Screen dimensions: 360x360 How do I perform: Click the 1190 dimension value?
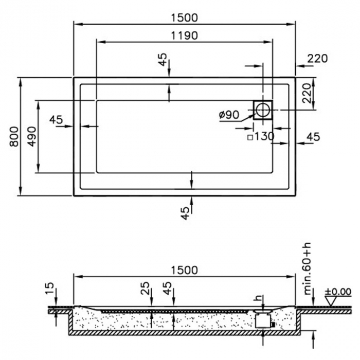click(x=184, y=36)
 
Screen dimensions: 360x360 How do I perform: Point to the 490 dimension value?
click(x=31, y=136)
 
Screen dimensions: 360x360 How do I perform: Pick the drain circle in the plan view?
click(x=263, y=109)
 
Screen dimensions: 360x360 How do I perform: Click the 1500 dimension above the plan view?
click(x=184, y=17)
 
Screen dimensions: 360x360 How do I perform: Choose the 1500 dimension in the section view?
click(x=184, y=270)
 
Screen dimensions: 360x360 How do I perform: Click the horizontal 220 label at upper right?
click(x=317, y=59)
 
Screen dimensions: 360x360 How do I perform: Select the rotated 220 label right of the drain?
click(x=307, y=94)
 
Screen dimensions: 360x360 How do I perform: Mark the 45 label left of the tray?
click(x=56, y=120)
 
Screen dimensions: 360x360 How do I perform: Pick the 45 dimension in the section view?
click(x=167, y=286)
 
